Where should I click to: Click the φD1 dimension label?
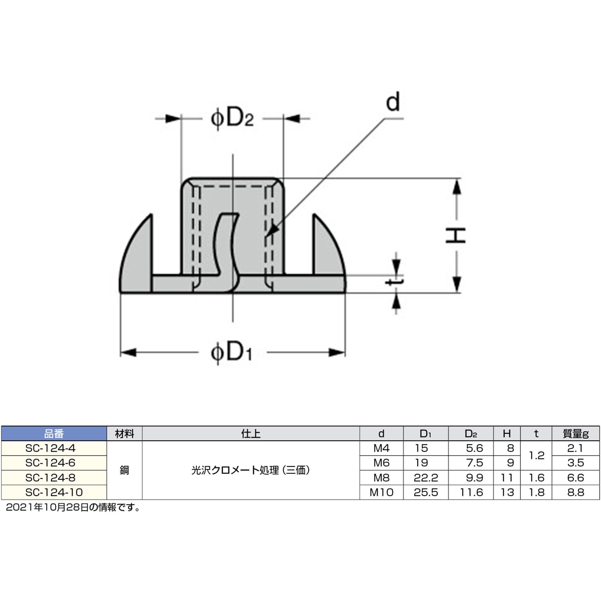pyautogui.click(x=231, y=353)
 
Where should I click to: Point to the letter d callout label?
pyautogui.click(x=393, y=102)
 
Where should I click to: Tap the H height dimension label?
pyautogui.click(x=456, y=235)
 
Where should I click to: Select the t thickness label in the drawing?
pyautogui.click(x=394, y=282)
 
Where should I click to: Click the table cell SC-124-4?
pyautogui.click(x=50, y=448)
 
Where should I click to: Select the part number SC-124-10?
pyautogui.click(x=54, y=492)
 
